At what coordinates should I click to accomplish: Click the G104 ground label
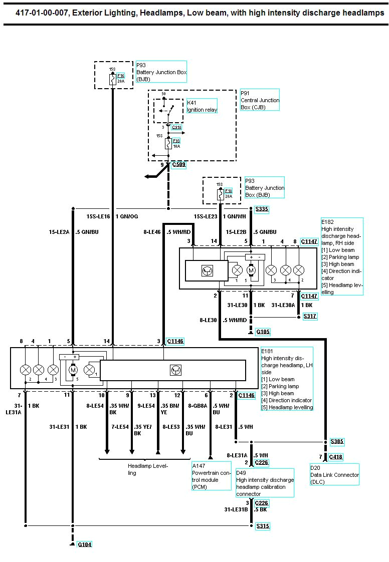85,544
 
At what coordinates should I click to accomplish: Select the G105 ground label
263,332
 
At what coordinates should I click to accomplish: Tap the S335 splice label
262,209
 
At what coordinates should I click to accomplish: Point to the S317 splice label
310,317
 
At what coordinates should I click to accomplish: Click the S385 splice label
337,442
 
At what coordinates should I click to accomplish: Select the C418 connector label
336,457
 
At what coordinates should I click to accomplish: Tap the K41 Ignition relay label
202,106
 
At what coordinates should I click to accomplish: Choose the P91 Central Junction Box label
259,100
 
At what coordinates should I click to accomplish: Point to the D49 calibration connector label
265,483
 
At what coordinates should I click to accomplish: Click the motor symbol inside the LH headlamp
73,370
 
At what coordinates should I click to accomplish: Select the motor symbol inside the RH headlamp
252,270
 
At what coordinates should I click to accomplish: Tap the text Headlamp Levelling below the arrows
147,469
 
